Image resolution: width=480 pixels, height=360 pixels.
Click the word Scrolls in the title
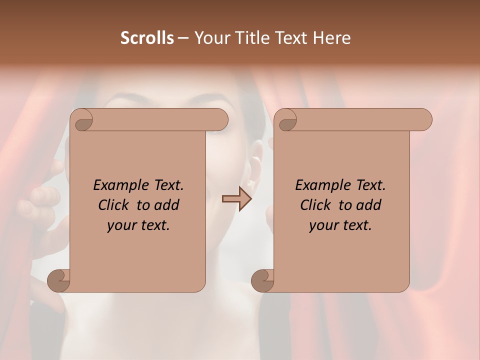tap(147, 38)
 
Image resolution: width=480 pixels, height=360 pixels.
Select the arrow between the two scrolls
tap(237, 199)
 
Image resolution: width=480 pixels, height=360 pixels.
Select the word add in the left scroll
tap(167, 205)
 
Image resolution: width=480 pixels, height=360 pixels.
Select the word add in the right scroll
tap(369, 205)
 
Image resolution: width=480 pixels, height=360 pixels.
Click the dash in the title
tap(183, 38)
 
